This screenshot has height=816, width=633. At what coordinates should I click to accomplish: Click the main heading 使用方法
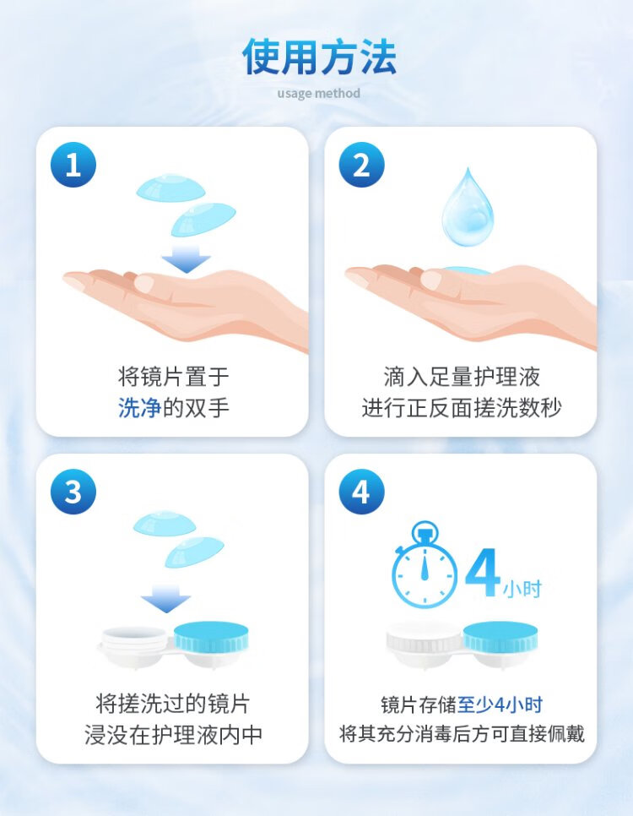pyautogui.click(x=319, y=57)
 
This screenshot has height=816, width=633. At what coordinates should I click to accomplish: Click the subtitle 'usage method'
pyautogui.click(x=318, y=93)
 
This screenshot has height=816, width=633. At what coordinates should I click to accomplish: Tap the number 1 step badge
pyautogui.click(x=73, y=165)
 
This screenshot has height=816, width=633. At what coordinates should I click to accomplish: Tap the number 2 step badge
pyautogui.click(x=361, y=165)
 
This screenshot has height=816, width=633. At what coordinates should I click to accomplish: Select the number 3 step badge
pyautogui.click(x=73, y=492)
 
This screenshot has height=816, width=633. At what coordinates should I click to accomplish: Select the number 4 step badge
pyautogui.click(x=361, y=492)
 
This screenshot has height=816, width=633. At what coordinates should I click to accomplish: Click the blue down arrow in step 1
pyautogui.click(x=186, y=258)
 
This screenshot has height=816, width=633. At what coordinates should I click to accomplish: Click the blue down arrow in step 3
pyautogui.click(x=165, y=598)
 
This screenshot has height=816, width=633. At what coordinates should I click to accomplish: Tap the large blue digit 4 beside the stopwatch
pyautogui.click(x=482, y=573)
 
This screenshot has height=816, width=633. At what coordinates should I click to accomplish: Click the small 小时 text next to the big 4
pyautogui.click(x=522, y=589)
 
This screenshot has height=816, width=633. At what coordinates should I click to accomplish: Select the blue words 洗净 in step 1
pyautogui.click(x=139, y=407)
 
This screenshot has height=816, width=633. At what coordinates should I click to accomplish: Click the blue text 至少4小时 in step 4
pyautogui.click(x=500, y=704)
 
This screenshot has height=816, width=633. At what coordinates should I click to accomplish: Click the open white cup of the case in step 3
pyautogui.click(x=134, y=644)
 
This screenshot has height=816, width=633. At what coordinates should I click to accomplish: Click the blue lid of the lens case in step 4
pyautogui.click(x=500, y=636)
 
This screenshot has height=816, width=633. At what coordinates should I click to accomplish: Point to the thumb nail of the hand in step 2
pyautogui.click(x=430, y=280)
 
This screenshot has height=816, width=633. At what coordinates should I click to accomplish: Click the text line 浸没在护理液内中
pyautogui.click(x=173, y=734)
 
